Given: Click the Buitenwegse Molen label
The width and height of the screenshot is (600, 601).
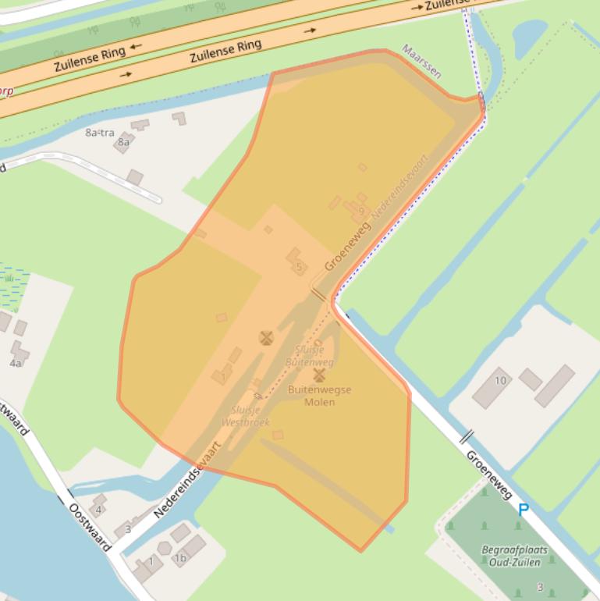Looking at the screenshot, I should pos(319,396).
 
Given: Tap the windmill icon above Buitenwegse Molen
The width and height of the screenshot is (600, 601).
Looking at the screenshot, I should pos(319,375).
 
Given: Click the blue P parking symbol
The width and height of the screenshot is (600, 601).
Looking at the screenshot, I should pos(524,510).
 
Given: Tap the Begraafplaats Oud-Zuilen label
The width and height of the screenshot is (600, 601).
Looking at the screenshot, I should pos(515,555).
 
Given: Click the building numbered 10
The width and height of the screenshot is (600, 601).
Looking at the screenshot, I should pos(500,381).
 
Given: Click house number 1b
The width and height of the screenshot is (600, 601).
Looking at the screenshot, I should pos(180,558).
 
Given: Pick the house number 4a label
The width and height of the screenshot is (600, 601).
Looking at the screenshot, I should pos(16,363).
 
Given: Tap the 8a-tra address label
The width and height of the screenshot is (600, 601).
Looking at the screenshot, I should pos(100,133).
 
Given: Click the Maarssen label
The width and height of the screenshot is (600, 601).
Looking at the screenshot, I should pos(422,62).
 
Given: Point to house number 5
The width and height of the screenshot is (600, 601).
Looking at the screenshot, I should pos(299,268).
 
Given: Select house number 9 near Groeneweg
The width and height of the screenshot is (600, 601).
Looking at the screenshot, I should pos(361,212).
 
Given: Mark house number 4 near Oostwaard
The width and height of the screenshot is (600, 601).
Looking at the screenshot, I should pos(99,510).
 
